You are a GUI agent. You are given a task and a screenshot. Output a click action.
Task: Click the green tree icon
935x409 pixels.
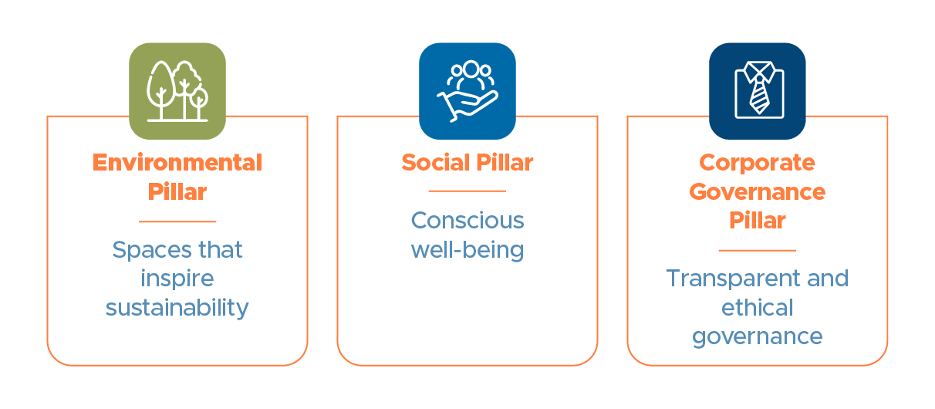tap(177, 91)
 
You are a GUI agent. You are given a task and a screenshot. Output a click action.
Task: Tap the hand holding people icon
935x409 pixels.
tap(467, 91)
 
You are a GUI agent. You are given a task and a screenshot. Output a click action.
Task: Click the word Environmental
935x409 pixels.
tap(177, 162)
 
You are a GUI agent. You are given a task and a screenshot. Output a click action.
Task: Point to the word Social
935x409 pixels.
tap(436, 162)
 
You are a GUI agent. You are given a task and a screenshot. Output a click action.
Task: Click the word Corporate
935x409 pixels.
tap(758, 163)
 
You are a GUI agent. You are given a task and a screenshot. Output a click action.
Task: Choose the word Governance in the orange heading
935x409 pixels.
tap(758, 192)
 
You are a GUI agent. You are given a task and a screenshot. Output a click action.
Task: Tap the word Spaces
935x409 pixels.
tap(151, 250)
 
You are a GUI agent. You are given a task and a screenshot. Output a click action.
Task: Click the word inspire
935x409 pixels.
tap(177, 279)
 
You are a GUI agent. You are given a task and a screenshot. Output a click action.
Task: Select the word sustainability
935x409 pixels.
tap(177, 308)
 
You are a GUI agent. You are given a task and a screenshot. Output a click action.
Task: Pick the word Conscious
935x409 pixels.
tap(467, 221)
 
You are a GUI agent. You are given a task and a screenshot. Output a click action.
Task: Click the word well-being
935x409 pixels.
tap(467, 249)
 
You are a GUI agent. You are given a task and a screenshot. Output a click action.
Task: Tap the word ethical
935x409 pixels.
tap(758, 308)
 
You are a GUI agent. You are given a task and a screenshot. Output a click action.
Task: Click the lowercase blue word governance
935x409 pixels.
tap(758, 336)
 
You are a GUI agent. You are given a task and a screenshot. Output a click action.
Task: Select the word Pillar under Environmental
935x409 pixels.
tap(177, 192)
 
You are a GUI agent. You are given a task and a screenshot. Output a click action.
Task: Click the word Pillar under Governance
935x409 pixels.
tap(758, 221)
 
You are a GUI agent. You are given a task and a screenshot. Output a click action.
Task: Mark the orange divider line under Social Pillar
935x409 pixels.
tap(467, 191)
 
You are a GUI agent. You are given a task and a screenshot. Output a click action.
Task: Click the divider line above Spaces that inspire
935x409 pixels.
tap(177, 221)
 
